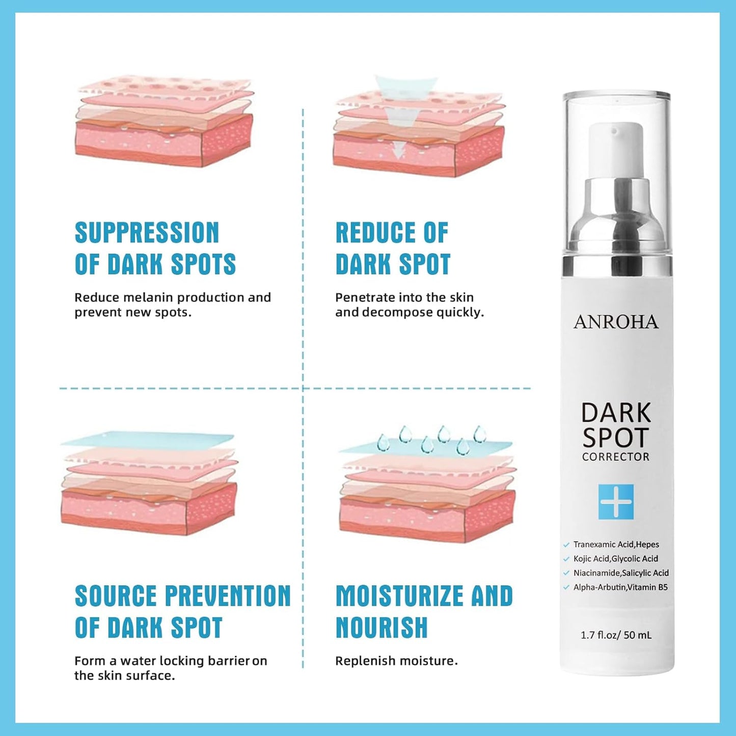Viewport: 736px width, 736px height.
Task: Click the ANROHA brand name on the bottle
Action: point(616,322)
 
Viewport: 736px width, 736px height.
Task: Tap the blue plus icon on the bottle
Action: point(616,502)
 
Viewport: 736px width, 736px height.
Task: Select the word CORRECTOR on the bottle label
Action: point(616,457)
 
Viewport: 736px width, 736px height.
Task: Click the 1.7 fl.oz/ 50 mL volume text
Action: point(616,635)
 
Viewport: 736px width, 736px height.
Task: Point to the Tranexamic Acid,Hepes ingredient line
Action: point(616,544)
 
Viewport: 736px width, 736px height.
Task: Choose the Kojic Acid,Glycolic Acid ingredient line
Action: point(615,559)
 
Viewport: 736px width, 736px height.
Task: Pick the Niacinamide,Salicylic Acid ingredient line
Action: point(620,573)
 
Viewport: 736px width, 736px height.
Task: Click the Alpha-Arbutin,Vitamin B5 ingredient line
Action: point(620,587)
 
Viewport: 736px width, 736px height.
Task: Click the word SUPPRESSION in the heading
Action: point(147,233)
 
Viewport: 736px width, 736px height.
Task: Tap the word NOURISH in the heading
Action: point(381,628)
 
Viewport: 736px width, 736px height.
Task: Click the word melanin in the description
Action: point(150,297)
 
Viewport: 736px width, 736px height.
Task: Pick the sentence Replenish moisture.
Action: point(396,661)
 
